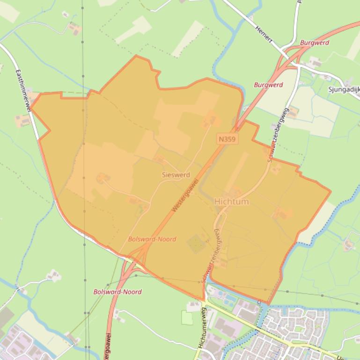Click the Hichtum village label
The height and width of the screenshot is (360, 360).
231,202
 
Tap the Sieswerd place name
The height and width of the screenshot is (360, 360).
176,175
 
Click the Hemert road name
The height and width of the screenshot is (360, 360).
264,34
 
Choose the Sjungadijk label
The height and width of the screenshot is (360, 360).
344,89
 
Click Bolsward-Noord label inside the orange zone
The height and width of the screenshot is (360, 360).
152,239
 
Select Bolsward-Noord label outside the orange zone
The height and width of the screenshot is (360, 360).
118,292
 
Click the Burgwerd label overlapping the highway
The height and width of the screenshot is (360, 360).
315,43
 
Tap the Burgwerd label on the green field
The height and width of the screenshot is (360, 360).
268,85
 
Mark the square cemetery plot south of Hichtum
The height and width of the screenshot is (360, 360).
196,244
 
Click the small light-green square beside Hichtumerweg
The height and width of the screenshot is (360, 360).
187,318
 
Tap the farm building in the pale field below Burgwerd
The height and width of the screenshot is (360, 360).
293,112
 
